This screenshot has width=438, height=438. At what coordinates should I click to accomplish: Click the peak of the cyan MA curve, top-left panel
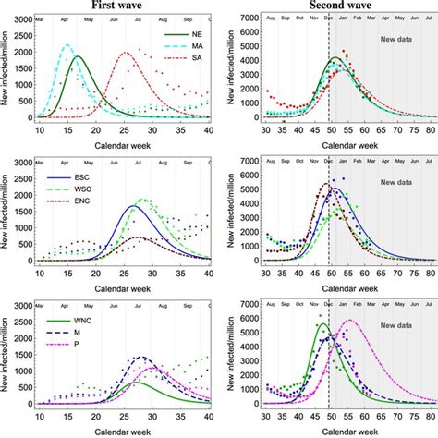click(67, 45)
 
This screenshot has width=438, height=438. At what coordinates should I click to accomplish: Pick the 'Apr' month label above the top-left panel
click(66, 18)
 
